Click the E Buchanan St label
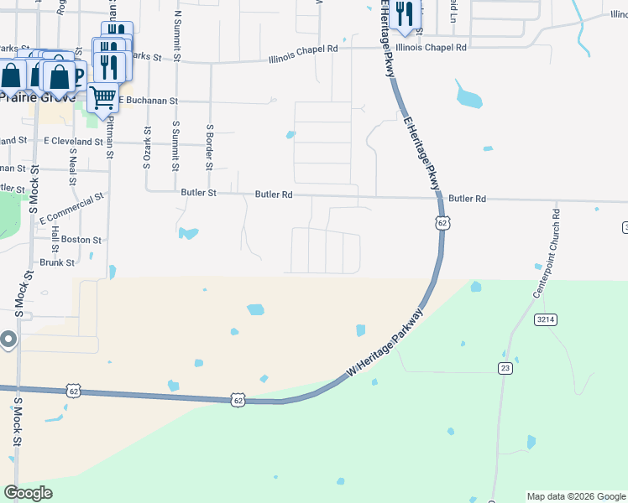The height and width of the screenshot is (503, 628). point(149,100)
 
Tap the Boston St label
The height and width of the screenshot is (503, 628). point(81,239)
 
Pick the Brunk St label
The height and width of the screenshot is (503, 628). point(58,262)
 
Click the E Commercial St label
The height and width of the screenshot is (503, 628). point(76,207)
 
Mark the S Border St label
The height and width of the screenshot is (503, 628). point(210,146)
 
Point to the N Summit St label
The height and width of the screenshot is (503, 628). point(177,35)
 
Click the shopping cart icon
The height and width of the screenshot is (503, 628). point(102,97)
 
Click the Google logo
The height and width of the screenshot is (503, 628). point(28,493)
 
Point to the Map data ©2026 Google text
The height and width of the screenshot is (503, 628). point(576,496)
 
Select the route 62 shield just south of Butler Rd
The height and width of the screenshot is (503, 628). point(442,223)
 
